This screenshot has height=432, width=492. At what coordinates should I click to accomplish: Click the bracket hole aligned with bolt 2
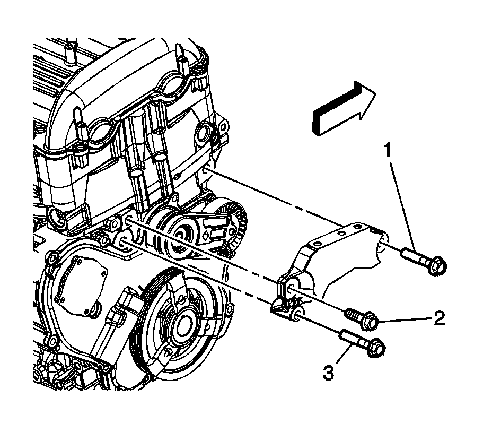click(x=291, y=290)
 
